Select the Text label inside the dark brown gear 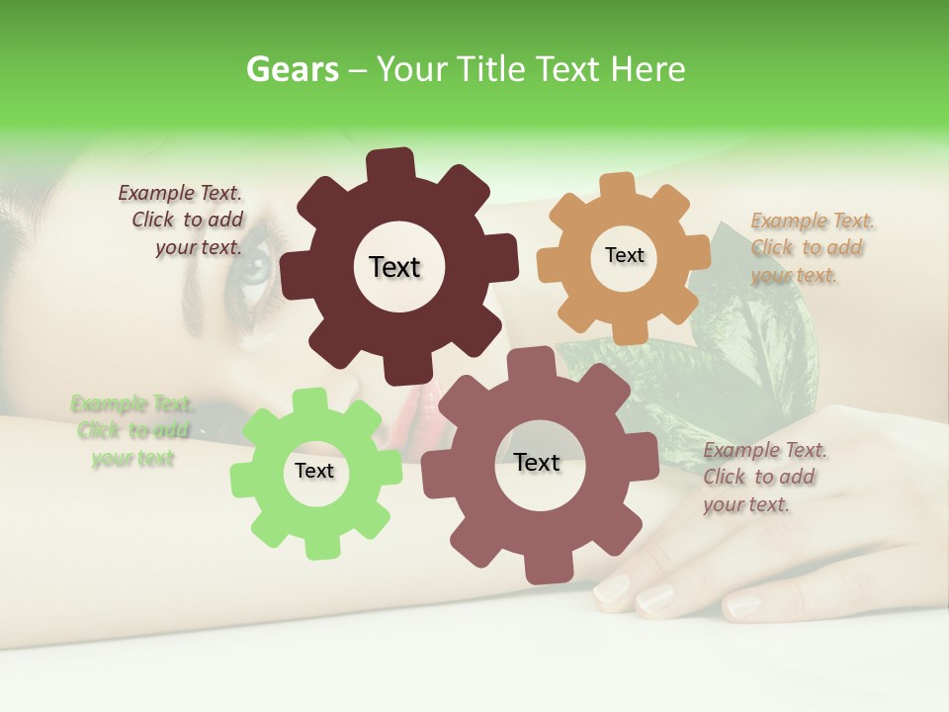pos(394,267)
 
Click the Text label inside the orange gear pos(624,255)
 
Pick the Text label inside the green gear pos(314,472)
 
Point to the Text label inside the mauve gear pos(537,463)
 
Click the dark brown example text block pos(183,220)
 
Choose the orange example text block pos(810,247)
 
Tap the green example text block pos(131,431)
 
